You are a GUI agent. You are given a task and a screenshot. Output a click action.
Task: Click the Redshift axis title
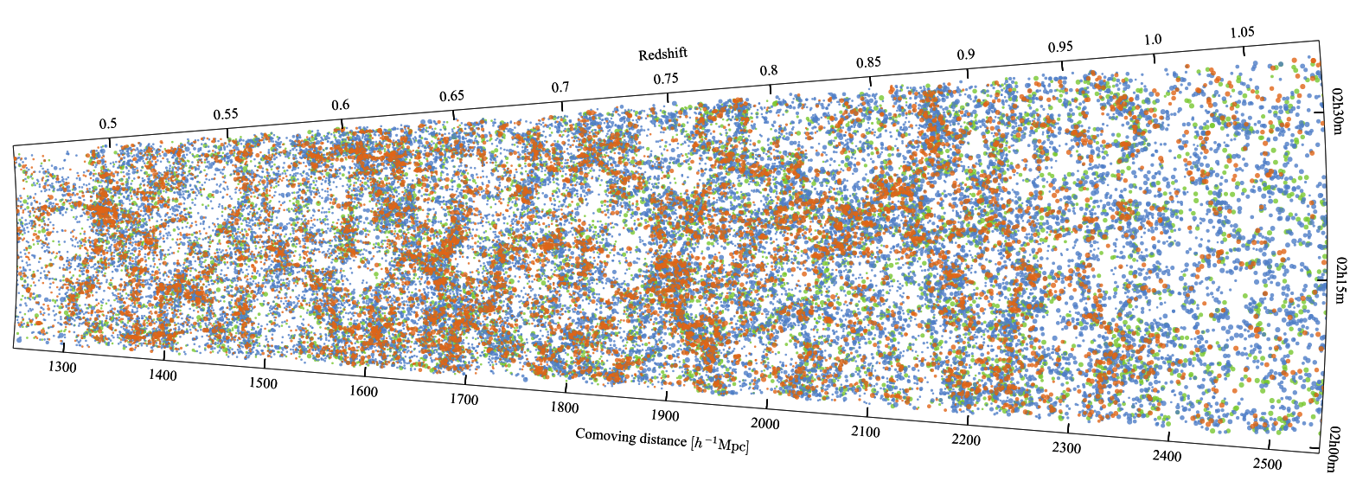click(662, 55)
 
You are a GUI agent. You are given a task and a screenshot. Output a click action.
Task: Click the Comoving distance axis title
click(662, 439)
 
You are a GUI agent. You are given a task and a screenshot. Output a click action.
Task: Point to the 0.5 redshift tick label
click(107, 124)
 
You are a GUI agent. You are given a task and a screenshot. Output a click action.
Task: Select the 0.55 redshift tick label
click(226, 114)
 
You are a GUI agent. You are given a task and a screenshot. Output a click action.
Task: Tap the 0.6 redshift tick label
click(341, 106)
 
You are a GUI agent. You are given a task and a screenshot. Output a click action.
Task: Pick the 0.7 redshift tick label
click(560, 87)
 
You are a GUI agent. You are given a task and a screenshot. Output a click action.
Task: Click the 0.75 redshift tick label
click(666, 79)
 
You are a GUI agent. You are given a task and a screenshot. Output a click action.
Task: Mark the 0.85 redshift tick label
click(868, 62)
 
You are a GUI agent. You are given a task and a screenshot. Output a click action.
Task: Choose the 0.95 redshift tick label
click(1060, 47)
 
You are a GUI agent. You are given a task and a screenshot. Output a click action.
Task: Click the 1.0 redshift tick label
click(1153, 40)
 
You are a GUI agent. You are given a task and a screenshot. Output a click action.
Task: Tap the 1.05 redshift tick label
click(1242, 33)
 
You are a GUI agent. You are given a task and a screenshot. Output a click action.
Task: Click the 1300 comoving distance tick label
click(62, 368)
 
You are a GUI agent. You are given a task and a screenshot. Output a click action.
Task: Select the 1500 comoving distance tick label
click(263, 383)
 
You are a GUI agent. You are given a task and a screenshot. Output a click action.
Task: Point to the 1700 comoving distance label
click(464, 400)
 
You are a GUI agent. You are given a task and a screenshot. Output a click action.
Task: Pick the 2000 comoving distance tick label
click(764, 424)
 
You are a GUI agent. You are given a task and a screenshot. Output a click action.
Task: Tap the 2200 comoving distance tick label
click(966, 440)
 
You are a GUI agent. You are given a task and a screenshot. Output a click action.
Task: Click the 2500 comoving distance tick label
click(1267, 465)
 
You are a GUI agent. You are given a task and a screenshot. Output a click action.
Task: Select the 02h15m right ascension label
click(1340, 279)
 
